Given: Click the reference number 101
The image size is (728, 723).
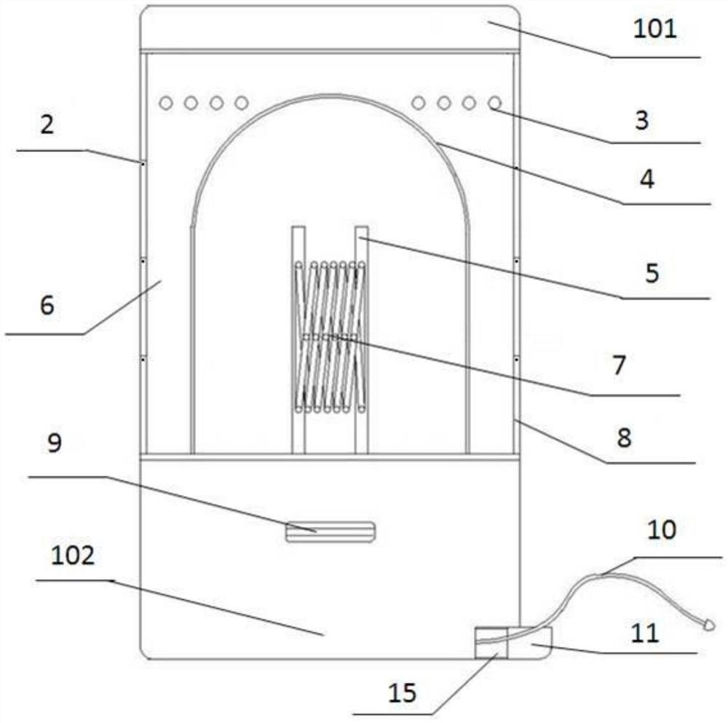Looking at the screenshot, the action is (654, 29).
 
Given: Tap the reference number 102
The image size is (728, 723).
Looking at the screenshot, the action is (73, 557).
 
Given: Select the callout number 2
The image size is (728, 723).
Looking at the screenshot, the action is (47, 126).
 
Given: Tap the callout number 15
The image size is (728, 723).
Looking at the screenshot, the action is (402, 692).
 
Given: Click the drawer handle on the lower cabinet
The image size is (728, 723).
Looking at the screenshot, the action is (330, 532).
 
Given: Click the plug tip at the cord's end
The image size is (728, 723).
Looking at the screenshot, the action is (708, 624).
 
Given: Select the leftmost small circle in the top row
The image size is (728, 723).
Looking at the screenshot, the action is (166, 103).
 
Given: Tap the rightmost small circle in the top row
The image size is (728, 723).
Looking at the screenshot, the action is (494, 103).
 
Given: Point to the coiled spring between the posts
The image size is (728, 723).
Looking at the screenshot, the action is (331, 336).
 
